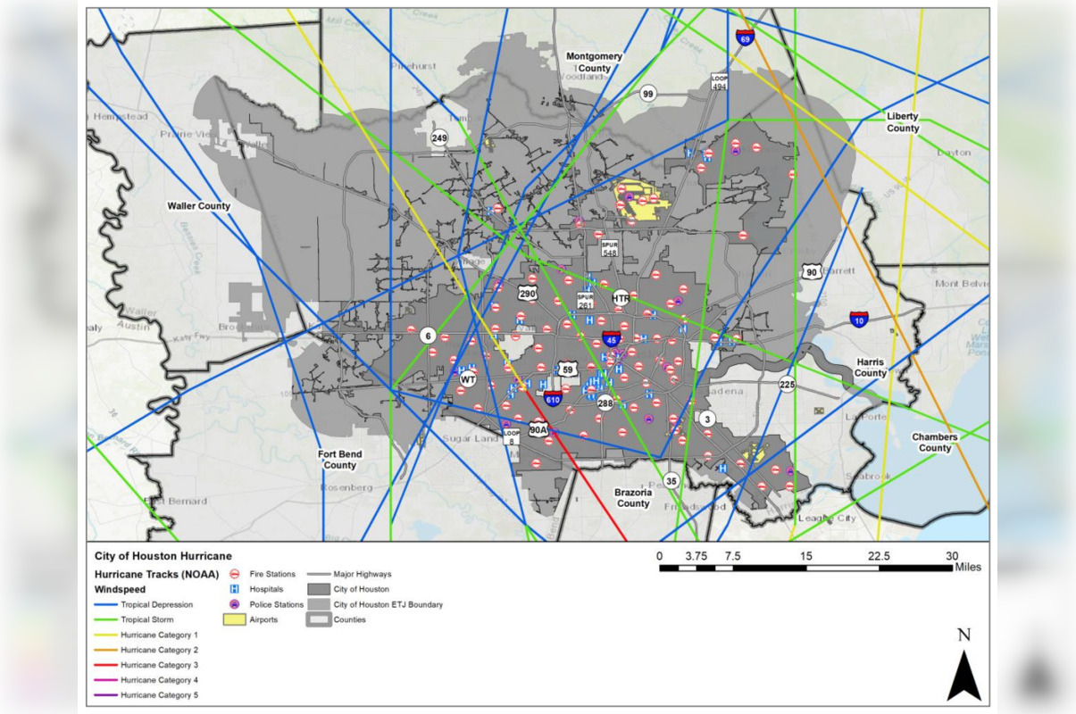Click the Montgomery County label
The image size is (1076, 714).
(x=594, y=62)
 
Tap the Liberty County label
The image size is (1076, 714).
(x=902, y=122)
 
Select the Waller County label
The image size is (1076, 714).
(x=198, y=206)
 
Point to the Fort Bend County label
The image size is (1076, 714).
(x=339, y=459)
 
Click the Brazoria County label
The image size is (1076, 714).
(x=633, y=497)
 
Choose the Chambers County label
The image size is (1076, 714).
(x=934, y=443)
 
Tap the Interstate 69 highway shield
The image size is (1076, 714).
(x=745, y=37)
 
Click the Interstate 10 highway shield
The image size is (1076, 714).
(x=858, y=320)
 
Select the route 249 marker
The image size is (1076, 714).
(x=439, y=138)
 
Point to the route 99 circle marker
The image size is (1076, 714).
(x=648, y=94)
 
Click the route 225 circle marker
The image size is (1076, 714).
(x=787, y=385)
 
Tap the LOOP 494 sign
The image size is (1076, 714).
(x=720, y=81)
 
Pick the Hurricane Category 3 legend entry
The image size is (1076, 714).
(x=160, y=665)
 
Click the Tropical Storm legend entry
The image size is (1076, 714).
(x=147, y=619)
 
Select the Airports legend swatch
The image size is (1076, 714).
(x=234, y=619)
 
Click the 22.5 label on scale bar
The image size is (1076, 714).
(x=880, y=555)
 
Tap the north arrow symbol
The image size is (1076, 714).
(x=963, y=675)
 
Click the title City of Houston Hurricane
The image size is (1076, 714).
(x=163, y=556)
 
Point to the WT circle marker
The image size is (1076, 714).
(x=468, y=379)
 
